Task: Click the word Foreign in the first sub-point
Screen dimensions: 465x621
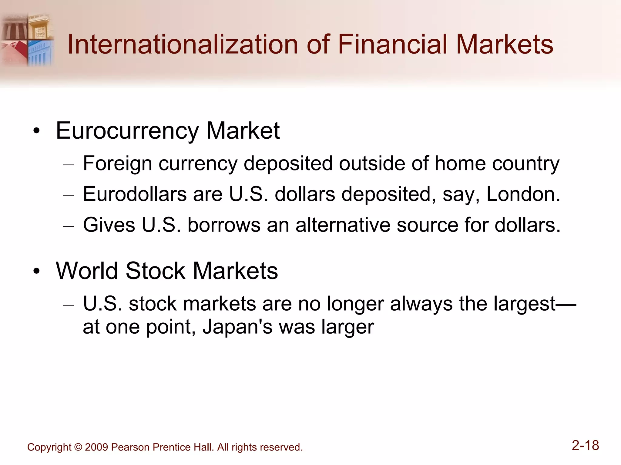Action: pyautogui.click(x=117, y=164)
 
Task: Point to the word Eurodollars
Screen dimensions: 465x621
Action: pyautogui.click(x=135, y=194)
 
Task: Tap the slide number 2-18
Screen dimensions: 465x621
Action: pyautogui.click(x=585, y=445)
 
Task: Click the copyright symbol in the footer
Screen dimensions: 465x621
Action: pyautogui.click(x=78, y=447)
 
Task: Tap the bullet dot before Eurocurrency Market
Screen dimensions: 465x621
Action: pyautogui.click(x=37, y=132)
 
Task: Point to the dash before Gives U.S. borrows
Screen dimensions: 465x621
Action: pyautogui.click(x=69, y=227)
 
